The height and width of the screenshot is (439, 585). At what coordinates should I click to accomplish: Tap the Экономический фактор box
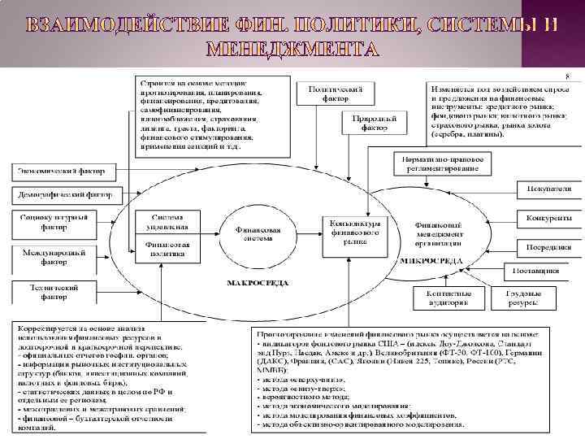point(63,172)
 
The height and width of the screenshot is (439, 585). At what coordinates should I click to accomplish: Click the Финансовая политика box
point(167,248)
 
